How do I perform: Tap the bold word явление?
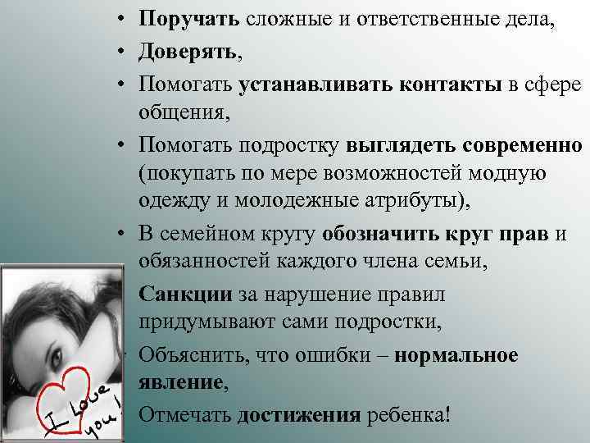pos(180,381)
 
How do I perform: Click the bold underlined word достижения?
pos(298,413)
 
